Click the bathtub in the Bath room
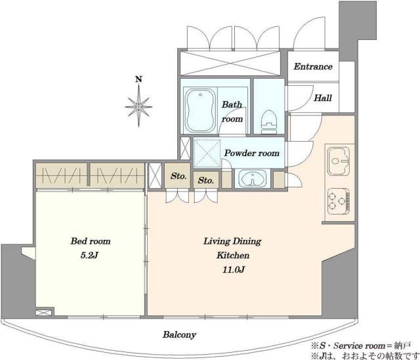200,110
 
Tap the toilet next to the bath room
269,121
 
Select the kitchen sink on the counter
339,161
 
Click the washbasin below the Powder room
252,178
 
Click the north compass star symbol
138,106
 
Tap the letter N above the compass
138,79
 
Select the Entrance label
313,66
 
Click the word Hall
323,98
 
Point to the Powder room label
252,153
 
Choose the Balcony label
179,334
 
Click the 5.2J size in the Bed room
89,255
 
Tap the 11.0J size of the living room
233,270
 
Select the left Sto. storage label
178,176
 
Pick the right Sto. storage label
205,181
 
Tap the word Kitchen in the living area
233,255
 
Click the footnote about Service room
361,346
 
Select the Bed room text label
91,241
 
